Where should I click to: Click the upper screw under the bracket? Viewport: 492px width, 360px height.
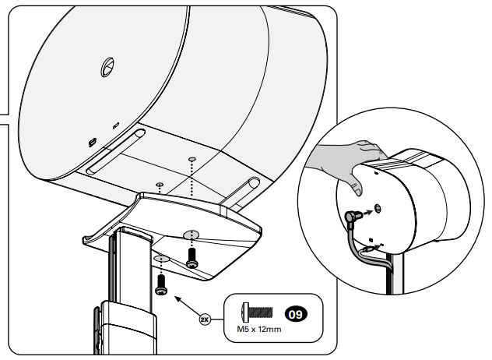(x=192, y=258)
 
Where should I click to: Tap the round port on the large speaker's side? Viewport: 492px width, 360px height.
(x=106, y=69)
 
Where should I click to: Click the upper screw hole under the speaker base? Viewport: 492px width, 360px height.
(x=191, y=160)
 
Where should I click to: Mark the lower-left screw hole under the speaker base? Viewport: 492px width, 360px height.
(x=159, y=185)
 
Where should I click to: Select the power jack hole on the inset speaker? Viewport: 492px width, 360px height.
(x=377, y=209)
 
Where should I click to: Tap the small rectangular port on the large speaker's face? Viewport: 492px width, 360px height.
(x=90, y=143)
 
